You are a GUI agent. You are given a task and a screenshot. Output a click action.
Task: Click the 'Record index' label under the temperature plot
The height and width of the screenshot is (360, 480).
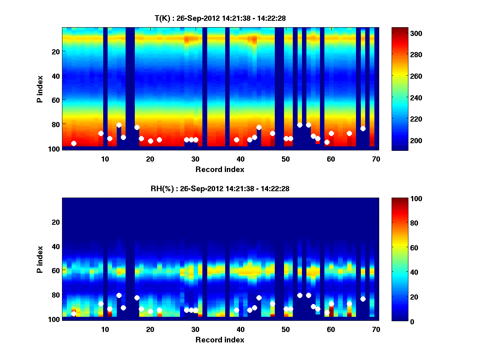[x=220, y=170]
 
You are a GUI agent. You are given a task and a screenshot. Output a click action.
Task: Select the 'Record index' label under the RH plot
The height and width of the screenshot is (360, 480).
[x=220, y=340]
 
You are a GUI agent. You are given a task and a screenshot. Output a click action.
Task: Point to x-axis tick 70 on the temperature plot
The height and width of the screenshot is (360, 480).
[x=376, y=159]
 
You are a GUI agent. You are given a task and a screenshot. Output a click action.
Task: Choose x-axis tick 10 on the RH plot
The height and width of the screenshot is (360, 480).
[x=105, y=329]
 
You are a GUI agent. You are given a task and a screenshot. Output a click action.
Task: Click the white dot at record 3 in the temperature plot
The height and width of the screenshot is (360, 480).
[x=74, y=143]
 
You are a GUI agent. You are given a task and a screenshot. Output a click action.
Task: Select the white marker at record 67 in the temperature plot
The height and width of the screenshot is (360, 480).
[x=363, y=128]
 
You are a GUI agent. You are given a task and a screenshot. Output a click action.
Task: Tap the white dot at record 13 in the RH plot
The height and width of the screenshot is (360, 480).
[x=119, y=295]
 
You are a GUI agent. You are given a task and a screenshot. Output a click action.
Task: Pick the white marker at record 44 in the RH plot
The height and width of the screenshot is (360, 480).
[x=259, y=298]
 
